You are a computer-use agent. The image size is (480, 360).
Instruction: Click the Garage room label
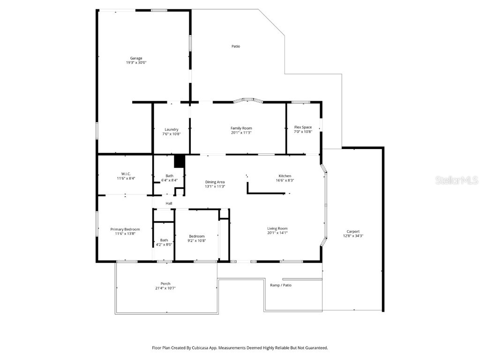click(x=136, y=58)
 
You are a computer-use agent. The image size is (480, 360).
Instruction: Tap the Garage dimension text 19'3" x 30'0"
click(x=136, y=62)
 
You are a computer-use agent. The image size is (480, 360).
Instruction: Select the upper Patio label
click(x=236, y=46)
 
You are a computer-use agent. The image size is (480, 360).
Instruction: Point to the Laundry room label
click(x=172, y=129)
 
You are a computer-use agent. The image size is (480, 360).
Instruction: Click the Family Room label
click(x=241, y=128)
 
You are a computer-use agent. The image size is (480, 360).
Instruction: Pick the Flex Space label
click(x=303, y=127)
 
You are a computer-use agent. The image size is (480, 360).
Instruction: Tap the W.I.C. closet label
click(x=126, y=174)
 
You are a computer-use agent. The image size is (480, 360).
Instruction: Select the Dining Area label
click(x=215, y=182)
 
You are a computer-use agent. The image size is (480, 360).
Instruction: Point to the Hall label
click(x=169, y=203)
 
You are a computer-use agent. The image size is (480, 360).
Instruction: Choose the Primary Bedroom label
click(x=125, y=229)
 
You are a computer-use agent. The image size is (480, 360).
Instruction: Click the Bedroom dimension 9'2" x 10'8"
click(x=197, y=240)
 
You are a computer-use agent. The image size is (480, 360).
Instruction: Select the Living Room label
click(x=277, y=228)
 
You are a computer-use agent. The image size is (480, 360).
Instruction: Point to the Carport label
click(x=353, y=232)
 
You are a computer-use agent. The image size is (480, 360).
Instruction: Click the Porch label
click(x=165, y=284)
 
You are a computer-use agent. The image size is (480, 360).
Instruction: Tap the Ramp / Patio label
click(x=281, y=285)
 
